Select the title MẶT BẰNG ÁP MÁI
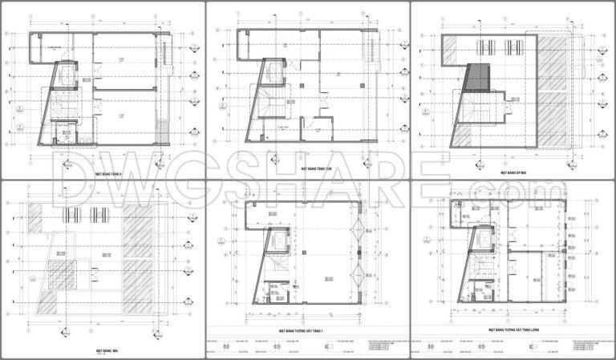pyautogui.click(x=512, y=171)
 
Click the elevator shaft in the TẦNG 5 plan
pyautogui.click(x=67, y=73)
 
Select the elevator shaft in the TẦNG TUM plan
pyautogui.click(x=274, y=74)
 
